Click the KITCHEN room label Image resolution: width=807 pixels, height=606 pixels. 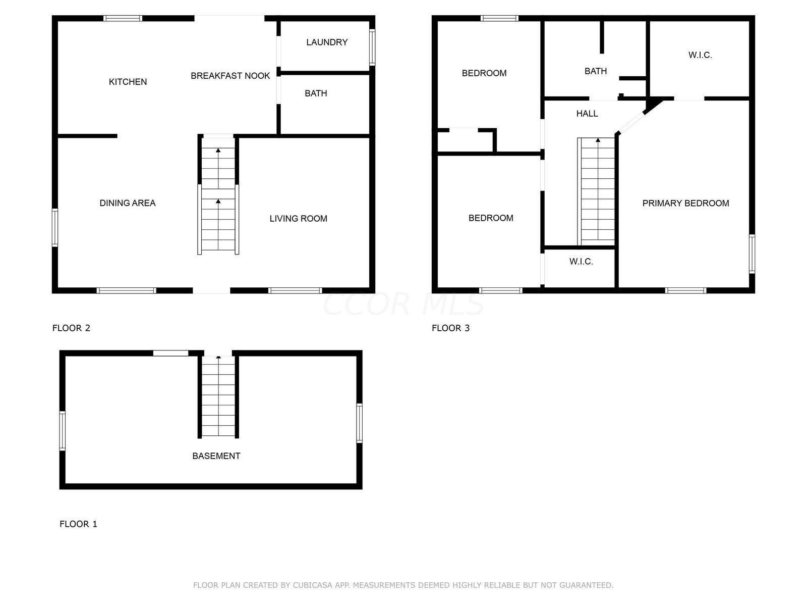point(128,82)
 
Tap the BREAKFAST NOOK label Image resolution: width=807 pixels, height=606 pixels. point(230,76)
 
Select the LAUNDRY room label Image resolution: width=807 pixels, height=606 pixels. point(327,42)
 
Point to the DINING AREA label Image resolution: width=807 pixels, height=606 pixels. point(128,203)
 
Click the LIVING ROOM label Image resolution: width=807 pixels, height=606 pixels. point(298,219)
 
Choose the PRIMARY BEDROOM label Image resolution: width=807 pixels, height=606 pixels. point(685,203)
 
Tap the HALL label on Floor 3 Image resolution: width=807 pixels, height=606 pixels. point(587,114)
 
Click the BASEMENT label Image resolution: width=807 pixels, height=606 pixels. point(216,456)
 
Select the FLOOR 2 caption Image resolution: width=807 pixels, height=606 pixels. point(71,328)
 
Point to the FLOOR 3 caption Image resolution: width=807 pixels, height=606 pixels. point(451,328)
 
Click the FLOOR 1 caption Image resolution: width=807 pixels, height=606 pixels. point(78,524)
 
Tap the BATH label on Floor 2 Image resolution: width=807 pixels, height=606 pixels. point(316,93)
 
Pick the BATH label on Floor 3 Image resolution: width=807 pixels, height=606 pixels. point(596,71)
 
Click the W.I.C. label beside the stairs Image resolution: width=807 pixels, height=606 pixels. point(581,262)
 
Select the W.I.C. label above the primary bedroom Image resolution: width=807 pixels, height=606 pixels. point(700,55)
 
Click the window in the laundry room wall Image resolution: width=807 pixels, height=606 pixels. point(372,47)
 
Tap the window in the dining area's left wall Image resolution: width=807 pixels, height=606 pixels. point(55,227)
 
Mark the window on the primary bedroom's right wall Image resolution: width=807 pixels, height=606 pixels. point(752,254)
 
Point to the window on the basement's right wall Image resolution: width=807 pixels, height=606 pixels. point(360,423)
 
